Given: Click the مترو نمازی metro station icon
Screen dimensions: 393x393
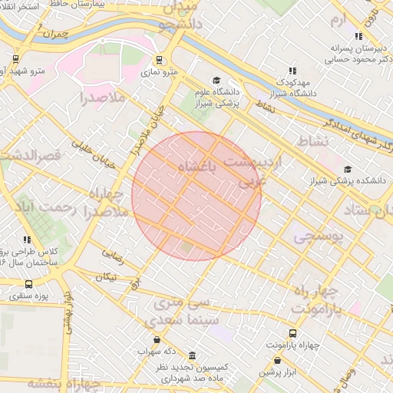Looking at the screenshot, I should (159, 60).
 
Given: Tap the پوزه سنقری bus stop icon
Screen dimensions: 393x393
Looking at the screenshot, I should (29, 284).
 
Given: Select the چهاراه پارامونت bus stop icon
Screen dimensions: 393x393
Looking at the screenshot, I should (292, 333).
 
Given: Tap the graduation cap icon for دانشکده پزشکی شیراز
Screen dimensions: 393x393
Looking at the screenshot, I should (348, 170).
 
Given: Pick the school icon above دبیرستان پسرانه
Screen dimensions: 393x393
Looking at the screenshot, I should (358, 35).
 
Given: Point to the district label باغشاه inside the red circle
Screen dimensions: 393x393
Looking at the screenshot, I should (199, 167).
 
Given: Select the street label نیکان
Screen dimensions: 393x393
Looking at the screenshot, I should (108, 277).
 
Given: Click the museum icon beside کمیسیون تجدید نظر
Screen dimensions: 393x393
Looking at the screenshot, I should (191, 356).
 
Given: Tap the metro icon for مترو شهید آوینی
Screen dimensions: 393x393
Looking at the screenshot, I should (15, 58).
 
